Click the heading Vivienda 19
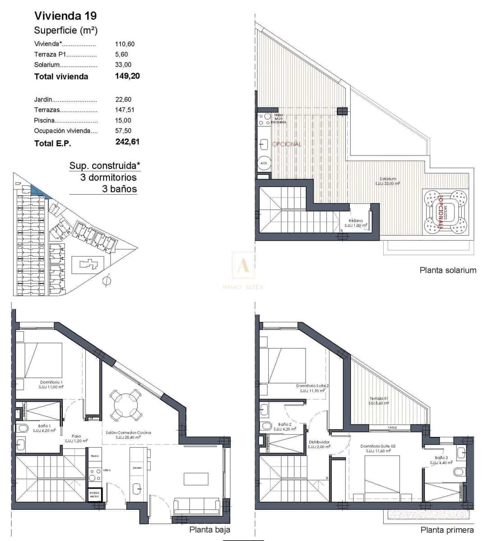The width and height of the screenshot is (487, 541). pyautogui.click(x=65, y=16)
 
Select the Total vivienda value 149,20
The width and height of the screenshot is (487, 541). pyautogui.click(x=128, y=76)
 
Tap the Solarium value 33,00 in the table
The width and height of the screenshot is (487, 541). pyautogui.click(x=123, y=64)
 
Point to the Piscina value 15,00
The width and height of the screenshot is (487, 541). pyautogui.click(x=123, y=120)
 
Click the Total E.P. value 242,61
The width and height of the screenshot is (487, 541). pyautogui.click(x=128, y=142)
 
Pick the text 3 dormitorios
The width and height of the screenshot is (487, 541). pyautogui.click(x=108, y=177)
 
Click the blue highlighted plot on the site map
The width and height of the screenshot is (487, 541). pyautogui.click(x=41, y=192)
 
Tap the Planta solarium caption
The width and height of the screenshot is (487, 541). pyautogui.click(x=448, y=270)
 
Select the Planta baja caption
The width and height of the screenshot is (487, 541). pyautogui.click(x=210, y=530)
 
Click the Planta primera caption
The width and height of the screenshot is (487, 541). pyautogui.click(x=447, y=530)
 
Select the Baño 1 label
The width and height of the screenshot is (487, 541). pyautogui.click(x=44, y=426)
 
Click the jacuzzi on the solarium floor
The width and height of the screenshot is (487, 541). pyautogui.click(x=446, y=211)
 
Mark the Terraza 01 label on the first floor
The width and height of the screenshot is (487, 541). pyautogui.click(x=378, y=399)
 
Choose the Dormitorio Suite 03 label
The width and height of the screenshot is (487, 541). pyautogui.click(x=378, y=446)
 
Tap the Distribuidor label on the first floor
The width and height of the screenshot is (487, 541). pyautogui.click(x=319, y=442)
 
